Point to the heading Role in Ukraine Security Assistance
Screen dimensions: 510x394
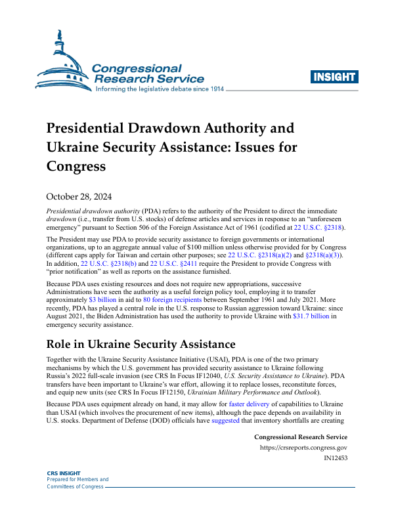tap(141, 345)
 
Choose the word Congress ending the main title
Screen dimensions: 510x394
tap(76, 167)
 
